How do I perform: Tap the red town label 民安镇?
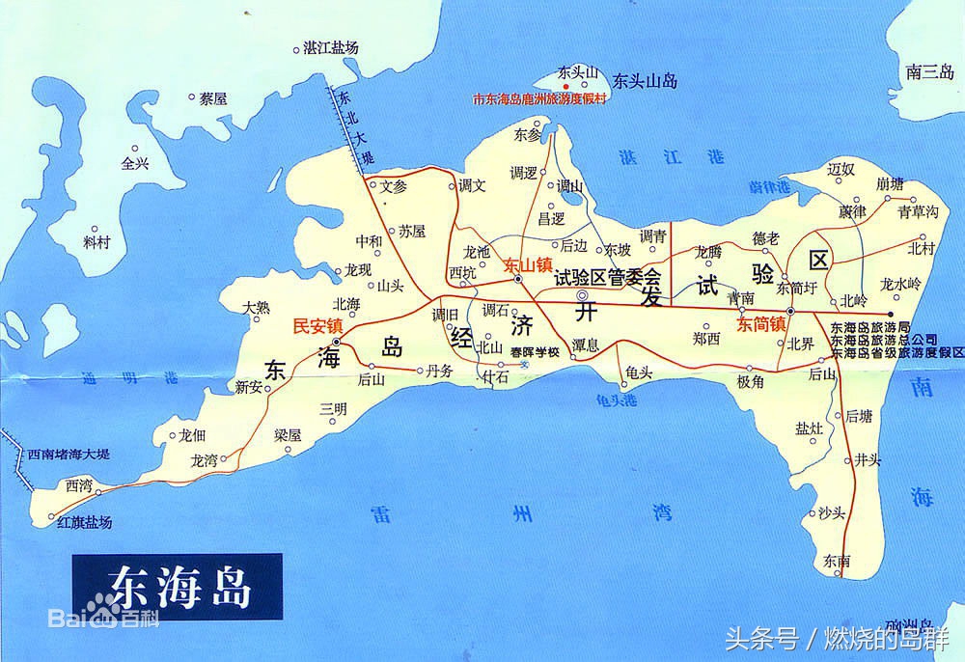[317, 325]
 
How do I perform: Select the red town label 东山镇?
[527, 263]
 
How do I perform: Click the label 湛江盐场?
[330, 47]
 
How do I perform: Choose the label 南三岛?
[929, 70]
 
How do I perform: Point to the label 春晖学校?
[536, 350]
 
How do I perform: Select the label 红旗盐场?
[85, 522]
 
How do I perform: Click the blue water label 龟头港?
[617, 398]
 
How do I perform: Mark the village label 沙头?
[832, 511]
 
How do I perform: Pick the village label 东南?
[838, 560]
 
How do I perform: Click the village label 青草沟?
[917, 211]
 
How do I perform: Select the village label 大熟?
[257, 307]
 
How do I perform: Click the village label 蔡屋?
[212, 97]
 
